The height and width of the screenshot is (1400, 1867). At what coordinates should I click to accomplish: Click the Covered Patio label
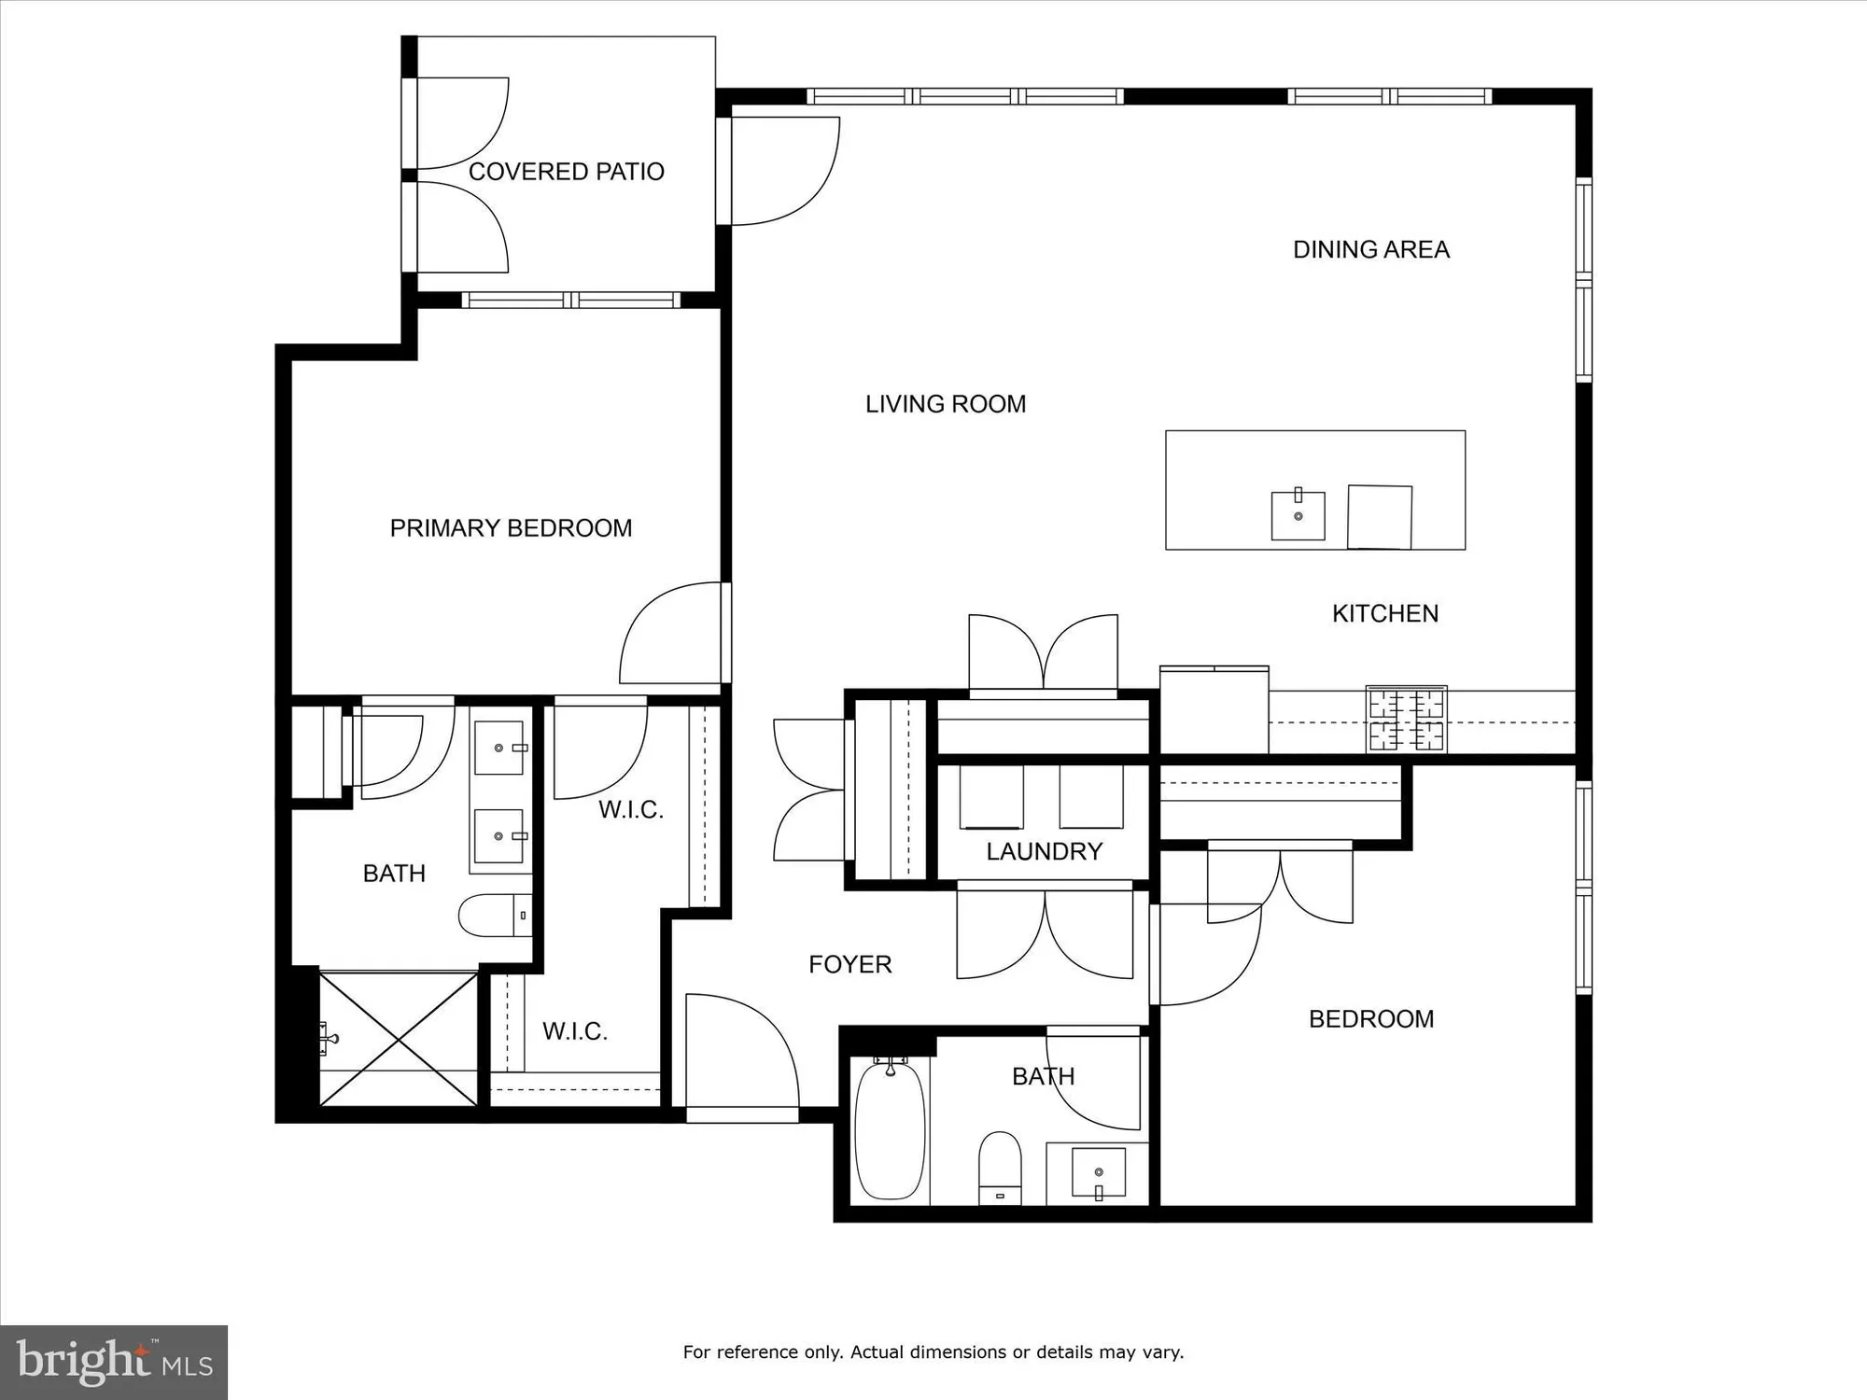[x=566, y=172]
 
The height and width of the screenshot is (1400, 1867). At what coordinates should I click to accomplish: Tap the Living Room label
[x=945, y=404]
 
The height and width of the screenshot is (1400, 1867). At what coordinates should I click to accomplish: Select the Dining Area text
[x=1370, y=249]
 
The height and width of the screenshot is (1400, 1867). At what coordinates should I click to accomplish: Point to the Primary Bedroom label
[x=511, y=528]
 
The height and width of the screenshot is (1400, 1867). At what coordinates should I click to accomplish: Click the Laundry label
[x=1044, y=851]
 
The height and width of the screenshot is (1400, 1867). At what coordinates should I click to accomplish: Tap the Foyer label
[x=849, y=964]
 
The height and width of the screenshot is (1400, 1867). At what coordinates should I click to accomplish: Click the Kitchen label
[x=1384, y=613]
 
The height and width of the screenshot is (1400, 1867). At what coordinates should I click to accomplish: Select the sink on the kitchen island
[x=1298, y=515]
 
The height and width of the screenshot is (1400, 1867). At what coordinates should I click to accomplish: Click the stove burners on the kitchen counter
[x=1406, y=719]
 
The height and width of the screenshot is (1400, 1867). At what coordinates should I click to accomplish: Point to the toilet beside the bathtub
[x=1000, y=1167]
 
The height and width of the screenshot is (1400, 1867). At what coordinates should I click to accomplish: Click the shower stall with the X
[x=399, y=1039]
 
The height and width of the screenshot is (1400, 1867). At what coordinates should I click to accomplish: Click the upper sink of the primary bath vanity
[x=498, y=748]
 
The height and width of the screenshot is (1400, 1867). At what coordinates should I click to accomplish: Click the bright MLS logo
[x=114, y=1362]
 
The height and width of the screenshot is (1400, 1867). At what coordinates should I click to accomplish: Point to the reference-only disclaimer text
[x=933, y=1351]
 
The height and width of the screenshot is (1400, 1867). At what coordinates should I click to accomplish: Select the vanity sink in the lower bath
[x=1098, y=1173]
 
